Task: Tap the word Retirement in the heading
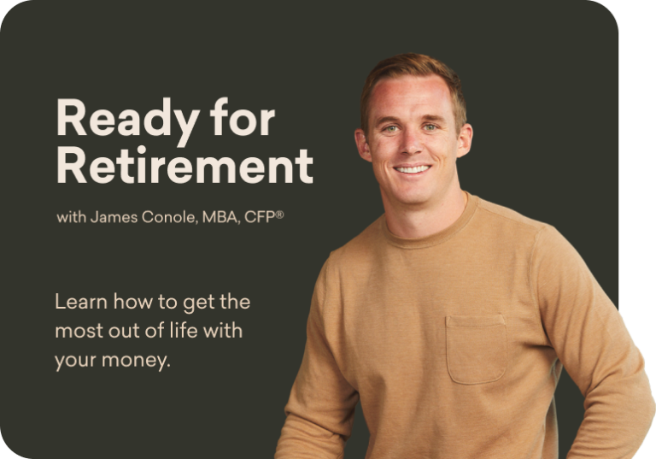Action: (184, 166)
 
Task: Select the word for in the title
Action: (245, 119)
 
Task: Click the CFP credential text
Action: (258, 217)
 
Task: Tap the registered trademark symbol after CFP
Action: (279, 215)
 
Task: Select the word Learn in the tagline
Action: (77, 303)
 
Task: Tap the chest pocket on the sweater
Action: (476, 349)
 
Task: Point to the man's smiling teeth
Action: (413, 169)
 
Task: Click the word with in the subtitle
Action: (72, 217)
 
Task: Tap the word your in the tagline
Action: (73, 361)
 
